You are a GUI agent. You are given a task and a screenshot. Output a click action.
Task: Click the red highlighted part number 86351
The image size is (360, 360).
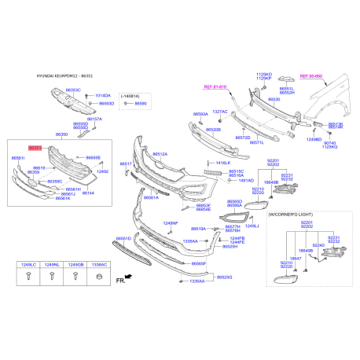(35, 147)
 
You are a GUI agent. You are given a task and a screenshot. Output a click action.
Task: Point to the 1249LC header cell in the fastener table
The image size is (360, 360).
(28, 266)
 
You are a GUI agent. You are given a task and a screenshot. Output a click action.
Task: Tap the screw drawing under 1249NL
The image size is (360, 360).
(51, 277)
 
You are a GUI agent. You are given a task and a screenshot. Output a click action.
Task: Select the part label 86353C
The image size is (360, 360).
(73, 91)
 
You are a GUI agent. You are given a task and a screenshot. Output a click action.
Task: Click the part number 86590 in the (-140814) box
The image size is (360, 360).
(141, 103)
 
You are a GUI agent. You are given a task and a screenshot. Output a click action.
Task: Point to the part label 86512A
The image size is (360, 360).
(160, 154)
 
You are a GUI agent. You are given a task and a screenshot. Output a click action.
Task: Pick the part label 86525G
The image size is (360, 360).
(225, 277)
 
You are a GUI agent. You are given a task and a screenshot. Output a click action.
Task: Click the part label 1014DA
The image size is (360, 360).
(103, 94)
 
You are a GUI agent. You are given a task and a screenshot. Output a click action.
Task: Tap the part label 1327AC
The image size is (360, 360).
(219, 112)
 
